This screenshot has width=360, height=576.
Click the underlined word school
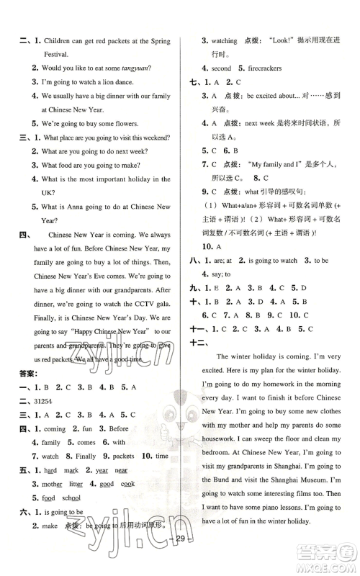71,498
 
